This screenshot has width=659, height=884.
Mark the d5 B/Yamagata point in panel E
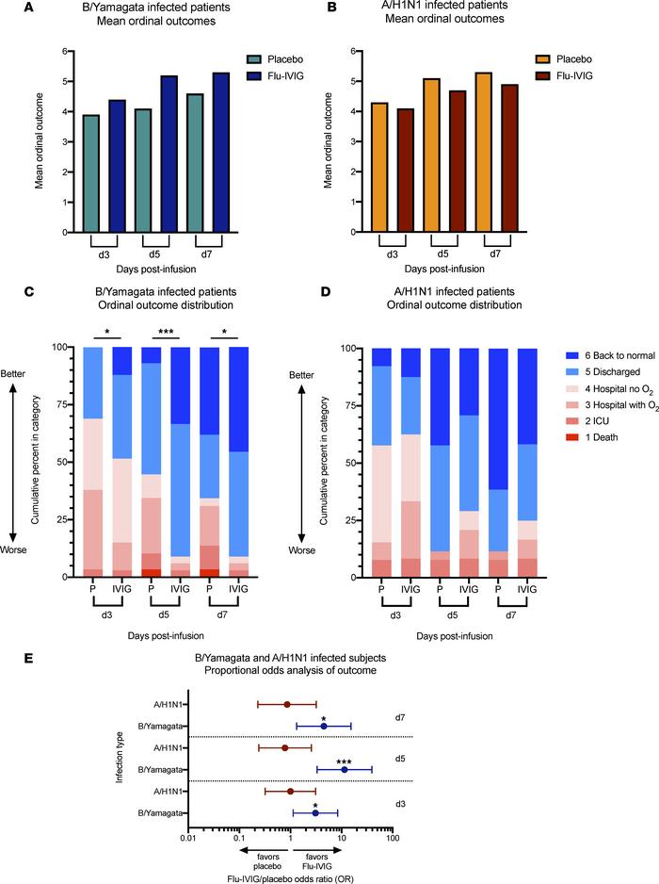pos(345,770)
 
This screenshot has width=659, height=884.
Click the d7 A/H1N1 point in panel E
pos(287,703)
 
